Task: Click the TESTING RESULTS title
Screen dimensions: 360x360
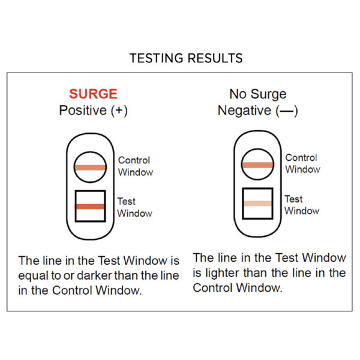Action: tap(186, 58)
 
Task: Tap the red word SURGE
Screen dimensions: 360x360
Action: tap(93, 94)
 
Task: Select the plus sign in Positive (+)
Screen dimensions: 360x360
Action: tap(119, 110)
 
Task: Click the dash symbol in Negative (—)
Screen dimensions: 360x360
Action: tap(287, 112)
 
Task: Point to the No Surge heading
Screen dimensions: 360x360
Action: tap(258, 94)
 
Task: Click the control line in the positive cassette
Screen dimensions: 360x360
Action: tap(90, 167)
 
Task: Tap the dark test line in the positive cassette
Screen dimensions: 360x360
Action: tap(90, 206)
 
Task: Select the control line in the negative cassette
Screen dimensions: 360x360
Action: tap(257, 165)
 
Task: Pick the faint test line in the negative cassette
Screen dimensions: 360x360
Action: tap(257, 203)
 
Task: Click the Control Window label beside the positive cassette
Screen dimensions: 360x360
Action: tap(136, 166)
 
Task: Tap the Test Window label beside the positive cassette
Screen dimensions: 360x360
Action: tap(134, 208)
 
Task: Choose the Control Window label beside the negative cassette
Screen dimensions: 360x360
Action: tap(302, 164)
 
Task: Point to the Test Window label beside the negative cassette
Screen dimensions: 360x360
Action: tap(302, 205)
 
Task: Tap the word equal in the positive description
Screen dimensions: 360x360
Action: tap(33, 276)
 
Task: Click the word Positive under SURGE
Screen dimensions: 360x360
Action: tap(83, 110)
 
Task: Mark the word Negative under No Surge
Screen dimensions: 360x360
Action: tap(244, 110)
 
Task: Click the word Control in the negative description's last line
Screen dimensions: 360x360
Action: tap(213, 288)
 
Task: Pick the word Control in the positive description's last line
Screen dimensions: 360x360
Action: tap(72, 290)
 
